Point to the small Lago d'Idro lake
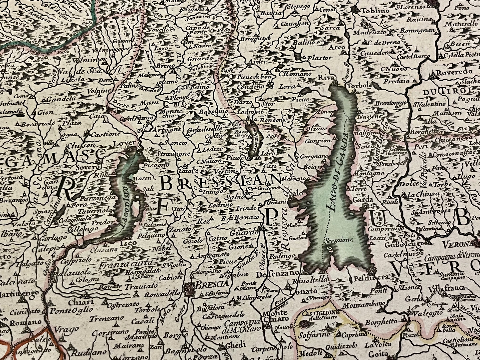click(255, 136)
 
